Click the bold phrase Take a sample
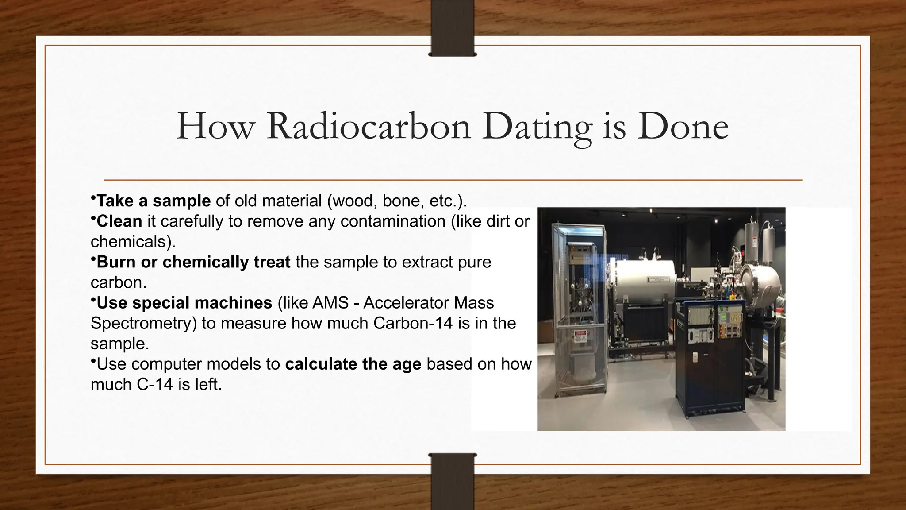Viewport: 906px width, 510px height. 154,201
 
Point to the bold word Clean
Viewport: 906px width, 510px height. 119,221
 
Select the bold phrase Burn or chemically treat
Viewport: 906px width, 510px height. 193,262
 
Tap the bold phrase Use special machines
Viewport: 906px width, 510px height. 184,303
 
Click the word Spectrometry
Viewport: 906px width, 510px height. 143,323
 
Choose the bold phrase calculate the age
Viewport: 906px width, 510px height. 353,364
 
